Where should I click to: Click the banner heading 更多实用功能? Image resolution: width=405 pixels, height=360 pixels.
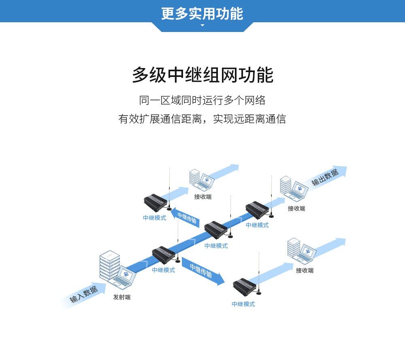coord(202,13)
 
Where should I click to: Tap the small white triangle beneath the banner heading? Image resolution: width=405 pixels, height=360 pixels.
coord(202,26)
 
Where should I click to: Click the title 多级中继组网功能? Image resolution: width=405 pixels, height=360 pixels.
coord(202,75)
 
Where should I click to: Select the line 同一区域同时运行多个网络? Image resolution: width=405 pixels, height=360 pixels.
coord(202,100)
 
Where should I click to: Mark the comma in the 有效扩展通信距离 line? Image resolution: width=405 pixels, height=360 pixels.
coord(207,121)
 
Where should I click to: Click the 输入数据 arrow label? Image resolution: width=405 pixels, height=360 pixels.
coord(84,294)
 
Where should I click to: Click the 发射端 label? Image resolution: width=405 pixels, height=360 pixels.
coord(122,298)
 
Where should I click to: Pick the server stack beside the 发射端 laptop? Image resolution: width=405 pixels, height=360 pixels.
coord(109,265)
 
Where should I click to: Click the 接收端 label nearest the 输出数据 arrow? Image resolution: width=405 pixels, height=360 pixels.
coord(296,209)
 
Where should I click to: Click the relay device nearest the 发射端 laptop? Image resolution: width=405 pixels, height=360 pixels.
coord(163,254)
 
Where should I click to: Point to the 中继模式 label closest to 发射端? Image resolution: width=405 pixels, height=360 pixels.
coord(163,270)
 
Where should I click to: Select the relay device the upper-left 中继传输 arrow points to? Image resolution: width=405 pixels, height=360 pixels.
coord(155,202)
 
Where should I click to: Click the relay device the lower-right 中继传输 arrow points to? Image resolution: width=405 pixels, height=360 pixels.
coord(244,286)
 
